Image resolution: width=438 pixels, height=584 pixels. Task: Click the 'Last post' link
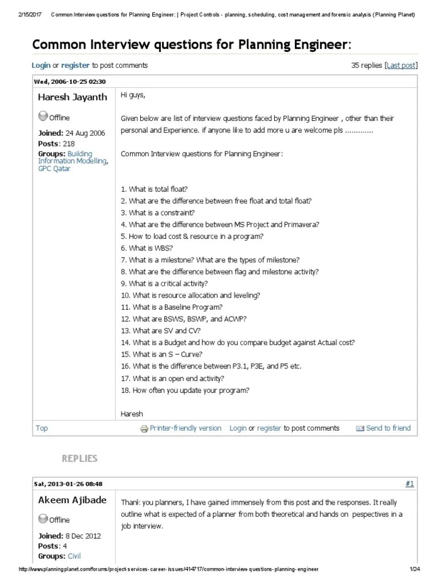401,66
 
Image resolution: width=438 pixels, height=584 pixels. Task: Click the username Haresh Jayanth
72,97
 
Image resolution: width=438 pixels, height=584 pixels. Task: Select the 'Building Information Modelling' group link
73,157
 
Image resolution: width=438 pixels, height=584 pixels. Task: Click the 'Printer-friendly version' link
185,428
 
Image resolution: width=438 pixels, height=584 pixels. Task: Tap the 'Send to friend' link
388,428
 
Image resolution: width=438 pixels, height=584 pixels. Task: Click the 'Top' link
42,428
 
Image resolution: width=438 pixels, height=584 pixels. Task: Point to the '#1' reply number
409,484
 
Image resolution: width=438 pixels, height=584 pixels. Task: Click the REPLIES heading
79,459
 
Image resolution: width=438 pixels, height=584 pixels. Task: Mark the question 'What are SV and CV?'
161,330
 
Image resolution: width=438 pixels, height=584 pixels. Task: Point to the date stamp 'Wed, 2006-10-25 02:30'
70,82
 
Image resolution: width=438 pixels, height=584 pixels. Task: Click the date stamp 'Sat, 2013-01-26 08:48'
68,484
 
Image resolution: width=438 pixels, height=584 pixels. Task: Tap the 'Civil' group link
74,555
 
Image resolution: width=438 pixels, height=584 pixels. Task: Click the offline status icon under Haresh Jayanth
42,117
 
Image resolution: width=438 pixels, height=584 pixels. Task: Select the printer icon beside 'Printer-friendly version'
144,429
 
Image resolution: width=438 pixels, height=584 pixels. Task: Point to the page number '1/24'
414,570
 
